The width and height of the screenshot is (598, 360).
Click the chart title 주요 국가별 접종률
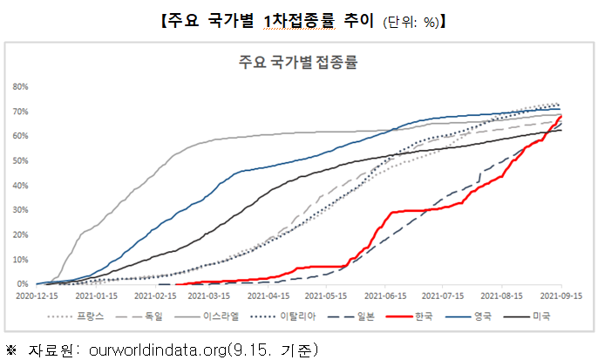(x=298, y=61)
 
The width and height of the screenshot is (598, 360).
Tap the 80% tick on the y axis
(x=21, y=86)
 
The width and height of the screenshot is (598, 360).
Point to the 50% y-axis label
(x=21, y=160)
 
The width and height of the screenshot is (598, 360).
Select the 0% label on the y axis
(x=24, y=284)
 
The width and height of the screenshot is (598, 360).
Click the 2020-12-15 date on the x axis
(x=39, y=296)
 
